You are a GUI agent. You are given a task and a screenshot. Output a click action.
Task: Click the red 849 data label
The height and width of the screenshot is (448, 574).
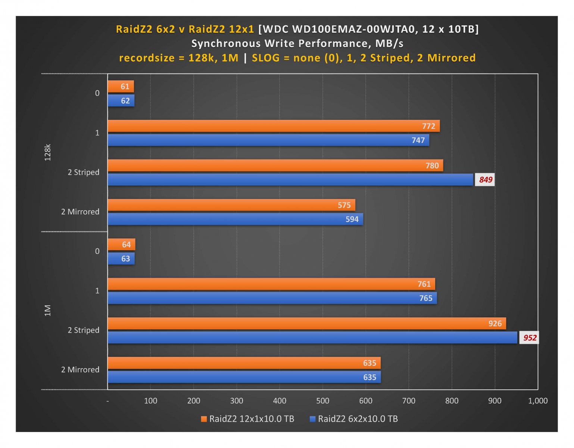(485, 180)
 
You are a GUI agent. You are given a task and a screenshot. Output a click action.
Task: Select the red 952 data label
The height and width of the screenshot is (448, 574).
(530, 338)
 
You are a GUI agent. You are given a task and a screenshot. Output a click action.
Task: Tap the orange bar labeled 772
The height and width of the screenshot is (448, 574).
(274, 126)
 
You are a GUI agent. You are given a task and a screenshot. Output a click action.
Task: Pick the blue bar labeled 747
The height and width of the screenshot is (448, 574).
(268, 140)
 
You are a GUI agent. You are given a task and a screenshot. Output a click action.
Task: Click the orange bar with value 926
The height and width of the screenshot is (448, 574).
(306, 324)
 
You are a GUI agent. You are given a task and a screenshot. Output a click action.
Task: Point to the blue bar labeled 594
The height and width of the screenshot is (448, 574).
(235, 219)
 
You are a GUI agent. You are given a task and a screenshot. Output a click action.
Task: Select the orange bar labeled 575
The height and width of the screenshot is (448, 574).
(231, 205)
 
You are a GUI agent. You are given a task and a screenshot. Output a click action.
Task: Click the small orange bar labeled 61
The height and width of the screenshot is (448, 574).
(121, 87)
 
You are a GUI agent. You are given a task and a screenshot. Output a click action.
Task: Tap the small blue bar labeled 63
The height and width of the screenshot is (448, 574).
(121, 259)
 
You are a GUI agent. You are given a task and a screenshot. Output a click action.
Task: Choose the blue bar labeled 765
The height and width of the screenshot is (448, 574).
(272, 298)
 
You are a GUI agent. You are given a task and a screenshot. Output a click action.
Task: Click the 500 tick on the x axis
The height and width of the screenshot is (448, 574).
(322, 401)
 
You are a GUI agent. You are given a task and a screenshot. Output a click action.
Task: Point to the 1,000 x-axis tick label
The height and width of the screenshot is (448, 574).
(537, 401)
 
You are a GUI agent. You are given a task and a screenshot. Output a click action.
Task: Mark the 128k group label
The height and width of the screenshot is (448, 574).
(48, 152)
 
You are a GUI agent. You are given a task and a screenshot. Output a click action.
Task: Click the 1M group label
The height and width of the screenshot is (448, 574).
(48, 310)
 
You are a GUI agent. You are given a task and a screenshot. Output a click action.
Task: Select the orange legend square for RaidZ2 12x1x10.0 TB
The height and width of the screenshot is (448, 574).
(204, 419)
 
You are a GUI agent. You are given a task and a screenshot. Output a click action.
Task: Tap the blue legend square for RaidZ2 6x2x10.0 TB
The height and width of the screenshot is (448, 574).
(313, 419)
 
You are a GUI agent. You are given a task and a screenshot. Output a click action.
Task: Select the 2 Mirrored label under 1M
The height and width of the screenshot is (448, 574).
(80, 370)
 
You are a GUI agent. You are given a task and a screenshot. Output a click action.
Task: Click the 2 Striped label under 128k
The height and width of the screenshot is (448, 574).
(83, 172)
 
